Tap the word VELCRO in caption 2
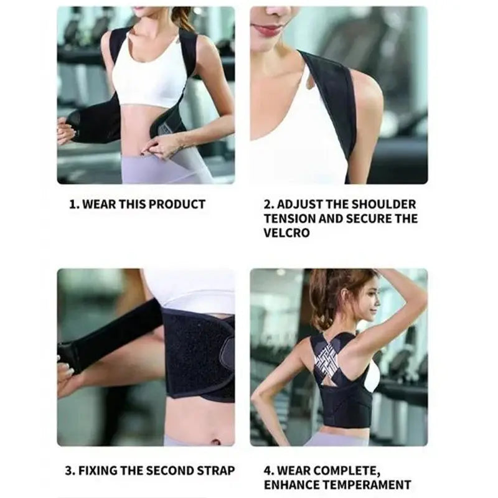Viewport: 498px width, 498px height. pyautogui.click(x=286, y=233)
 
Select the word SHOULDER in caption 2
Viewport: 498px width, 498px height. pyautogui.click(x=384, y=204)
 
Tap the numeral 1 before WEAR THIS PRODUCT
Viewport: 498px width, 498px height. pyautogui.click(x=72, y=204)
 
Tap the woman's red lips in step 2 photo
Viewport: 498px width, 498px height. pyautogui.click(x=268, y=29)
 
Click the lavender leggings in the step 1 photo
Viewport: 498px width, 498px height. pyautogui.click(x=156, y=168)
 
